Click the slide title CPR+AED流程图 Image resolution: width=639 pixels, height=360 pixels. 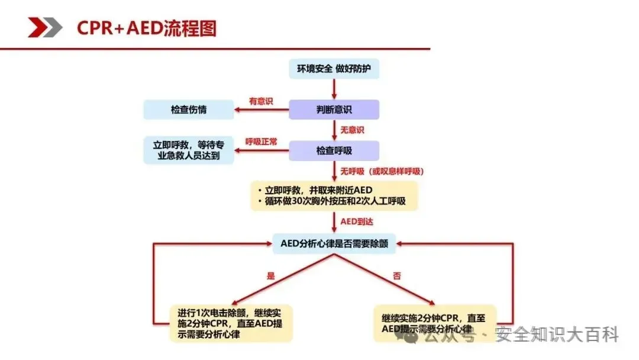click(x=147, y=28)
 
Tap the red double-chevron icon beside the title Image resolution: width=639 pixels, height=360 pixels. click(x=45, y=28)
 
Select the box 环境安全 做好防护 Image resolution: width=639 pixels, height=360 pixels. click(x=334, y=69)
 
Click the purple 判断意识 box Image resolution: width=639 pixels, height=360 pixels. click(x=334, y=110)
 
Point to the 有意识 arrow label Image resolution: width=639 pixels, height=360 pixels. click(x=261, y=101)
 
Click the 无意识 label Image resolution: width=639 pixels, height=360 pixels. click(x=351, y=130)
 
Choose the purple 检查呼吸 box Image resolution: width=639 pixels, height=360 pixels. click(x=334, y=150)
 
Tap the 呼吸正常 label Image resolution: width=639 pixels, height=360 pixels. click(x=261, y=142)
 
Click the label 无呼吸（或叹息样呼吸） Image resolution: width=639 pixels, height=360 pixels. click(x=382, y=171)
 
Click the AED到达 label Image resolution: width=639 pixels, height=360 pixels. click(x=357, y=221)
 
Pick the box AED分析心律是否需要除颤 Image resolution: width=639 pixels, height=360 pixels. click(x=334, y=243)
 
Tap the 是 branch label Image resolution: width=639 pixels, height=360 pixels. click(x=271, y=275)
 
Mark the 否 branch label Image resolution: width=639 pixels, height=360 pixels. click(x=397, y=275)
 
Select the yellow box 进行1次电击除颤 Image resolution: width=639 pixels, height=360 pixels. click(x=231, y=323)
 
